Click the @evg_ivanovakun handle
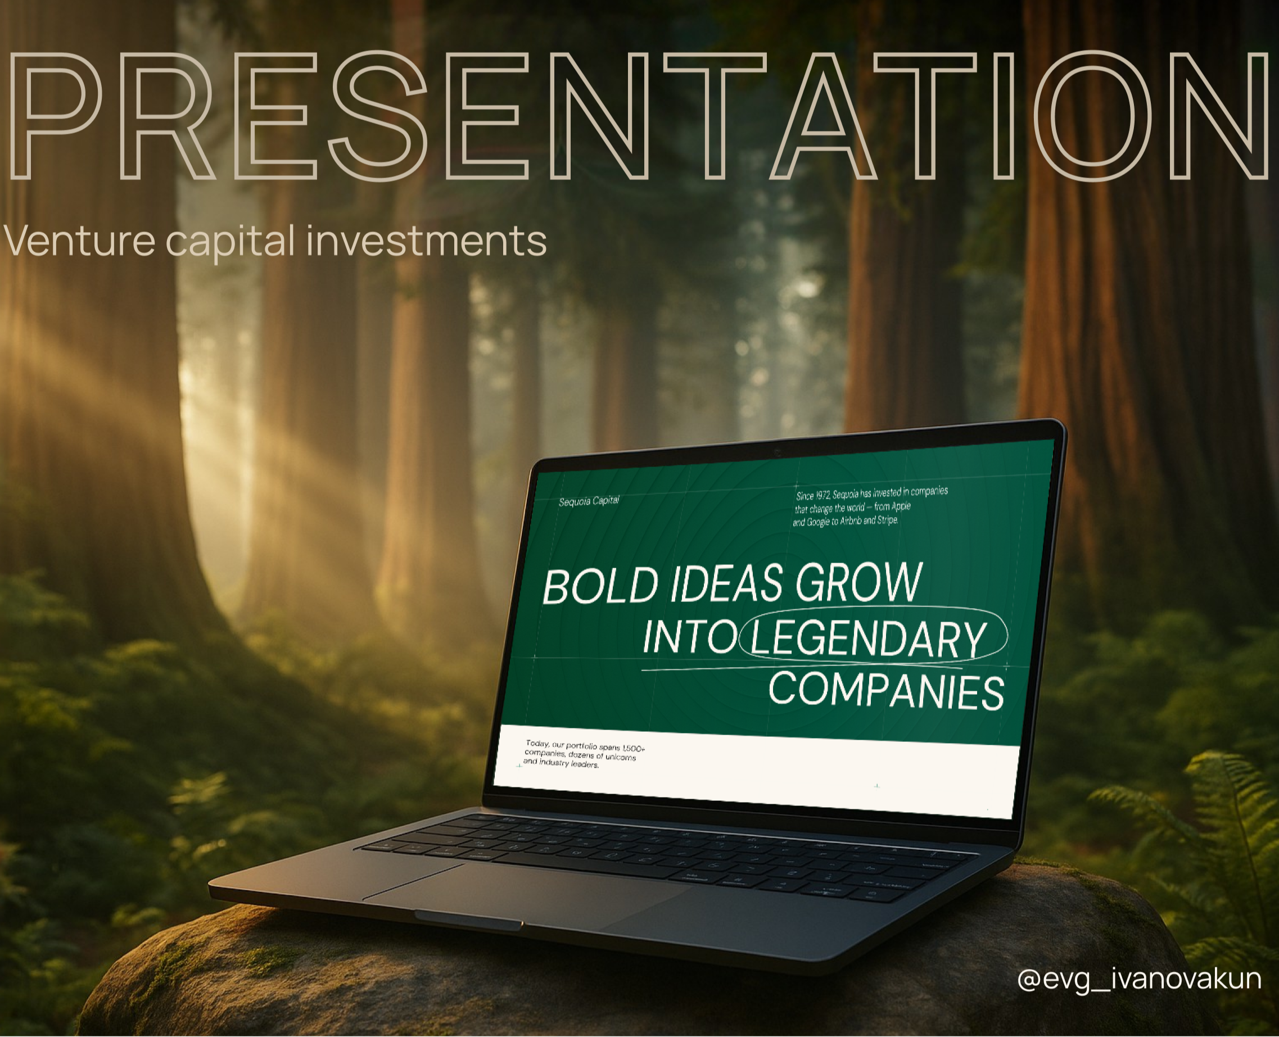1139,980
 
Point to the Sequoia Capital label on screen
589,501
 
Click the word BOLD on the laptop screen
601,586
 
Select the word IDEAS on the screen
726,583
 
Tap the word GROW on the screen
859,581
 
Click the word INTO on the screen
690,637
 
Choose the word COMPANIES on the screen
886,691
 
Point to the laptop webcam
777,452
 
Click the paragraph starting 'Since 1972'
870,506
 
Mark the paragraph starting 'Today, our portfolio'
584,754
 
